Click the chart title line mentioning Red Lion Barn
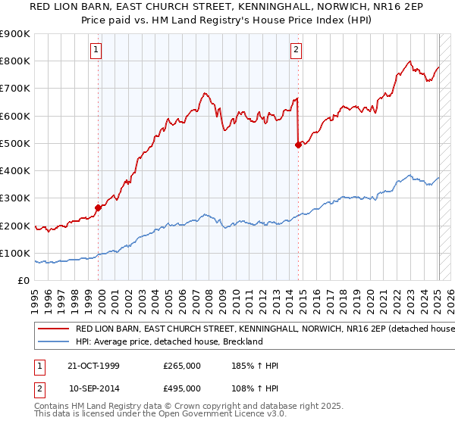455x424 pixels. point(227,7)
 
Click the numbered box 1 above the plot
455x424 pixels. point(98,51)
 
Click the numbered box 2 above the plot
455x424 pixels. point(296,51)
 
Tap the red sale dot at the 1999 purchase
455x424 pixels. point(98,207)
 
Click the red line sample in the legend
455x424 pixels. point(53,329)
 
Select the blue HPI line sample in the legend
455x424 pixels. point(53,341)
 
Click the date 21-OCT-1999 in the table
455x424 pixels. point(94,366)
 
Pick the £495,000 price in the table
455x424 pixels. point(182,388)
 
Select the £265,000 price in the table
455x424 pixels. point(182,366)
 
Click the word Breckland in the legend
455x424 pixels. point(242,341)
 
